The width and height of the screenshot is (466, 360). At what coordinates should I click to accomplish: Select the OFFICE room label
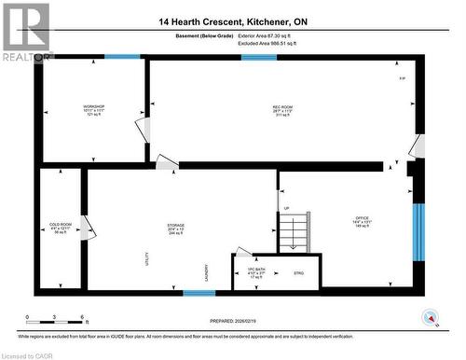[x=362, y=221]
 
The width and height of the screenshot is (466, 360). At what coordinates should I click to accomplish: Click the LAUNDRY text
[x=207, y=271]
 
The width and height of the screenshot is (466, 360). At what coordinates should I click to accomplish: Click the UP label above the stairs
[x=286, y=208]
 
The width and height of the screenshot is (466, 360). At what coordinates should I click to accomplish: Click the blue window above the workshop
[x=122, y=57]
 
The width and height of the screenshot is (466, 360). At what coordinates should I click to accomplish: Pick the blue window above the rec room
[x=258, y=57]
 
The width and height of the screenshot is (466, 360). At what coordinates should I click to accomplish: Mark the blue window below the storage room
[x=199, y=293]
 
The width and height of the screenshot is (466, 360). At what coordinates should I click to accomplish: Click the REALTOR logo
[x=25, y=32]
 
